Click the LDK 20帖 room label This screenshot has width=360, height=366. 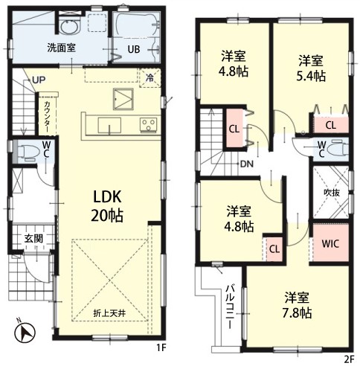click(x=107, y=206)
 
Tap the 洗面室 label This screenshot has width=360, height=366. click(x=62, y=48)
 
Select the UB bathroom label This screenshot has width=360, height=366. click(x=134, y=49)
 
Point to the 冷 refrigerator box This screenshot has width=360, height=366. click(x=150, y=78)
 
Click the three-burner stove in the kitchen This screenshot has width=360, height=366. click(x=148, y=124)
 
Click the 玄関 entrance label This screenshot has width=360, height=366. click(x=33, y=238)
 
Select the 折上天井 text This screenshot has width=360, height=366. click(x=109, y=313)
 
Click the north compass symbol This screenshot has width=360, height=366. click(x=25, y=332)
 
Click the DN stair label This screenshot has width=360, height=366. click(x=247, y=164)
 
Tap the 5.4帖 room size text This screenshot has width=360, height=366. click(x=311, y=77)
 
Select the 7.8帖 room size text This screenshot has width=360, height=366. click(x=297, y=313)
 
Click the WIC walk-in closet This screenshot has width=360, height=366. click(x=331, y=243)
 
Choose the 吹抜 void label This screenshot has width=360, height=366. click(x=332, y=193)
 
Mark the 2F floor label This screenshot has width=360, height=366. click(x=350, y=359)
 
